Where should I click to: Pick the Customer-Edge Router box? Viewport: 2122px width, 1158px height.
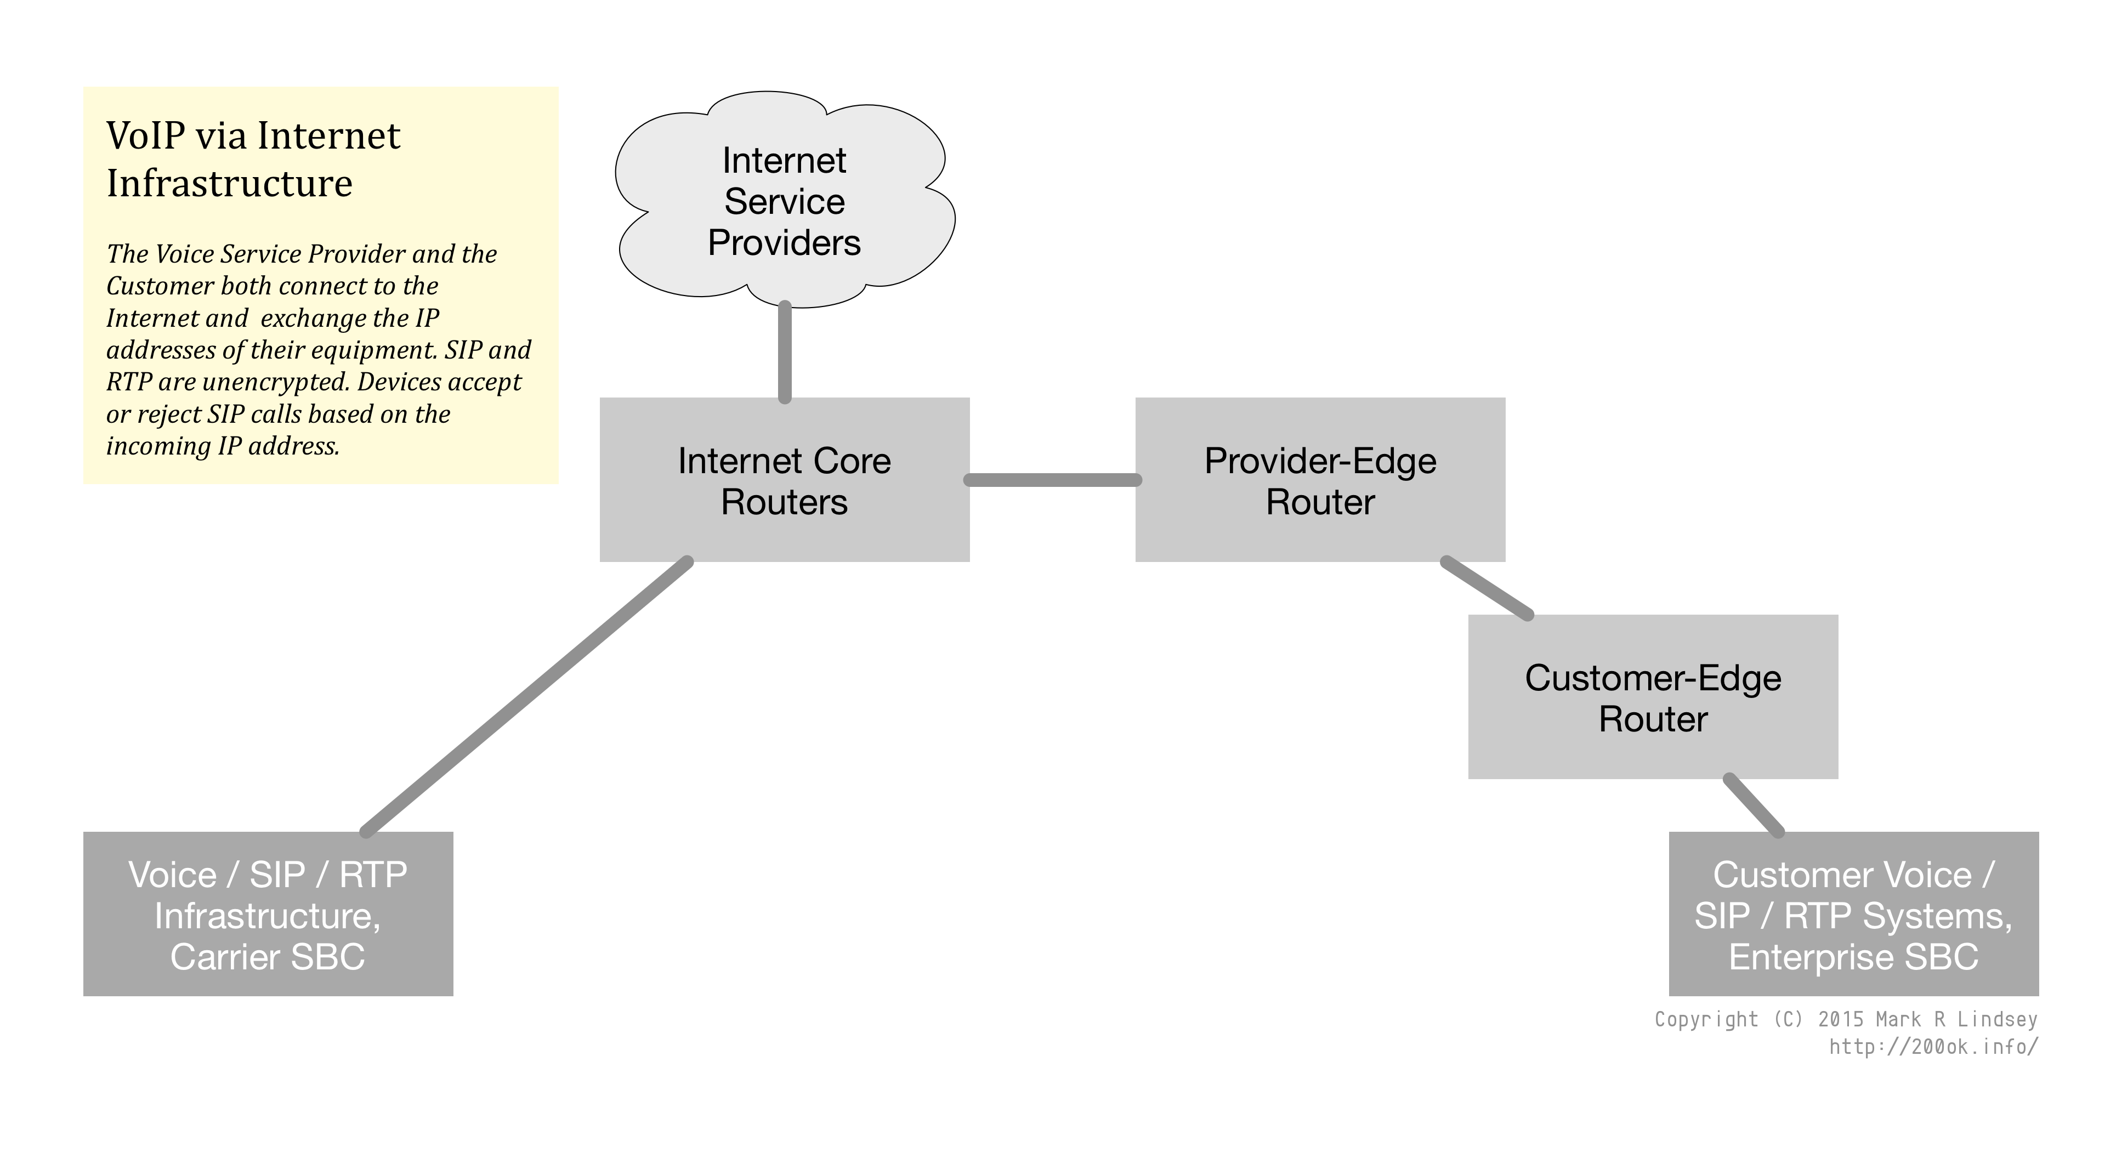point(1653,697)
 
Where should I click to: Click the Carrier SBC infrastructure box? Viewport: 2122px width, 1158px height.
point(268,914)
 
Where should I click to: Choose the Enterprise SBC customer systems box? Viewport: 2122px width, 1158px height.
point(1853,914)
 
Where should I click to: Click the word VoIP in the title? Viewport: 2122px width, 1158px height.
point(144,136)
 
